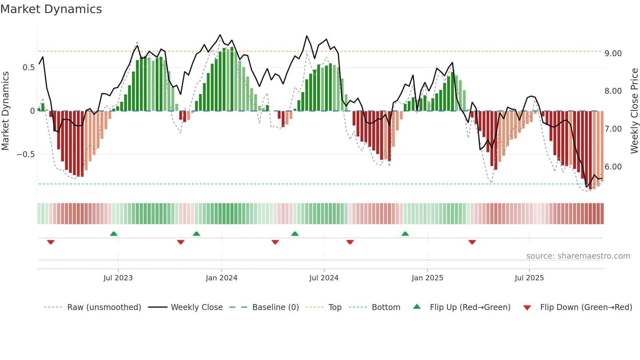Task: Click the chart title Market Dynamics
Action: pyautogui.click(x=51, y=9)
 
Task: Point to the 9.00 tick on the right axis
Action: pyautogui.click(x=613, y=54)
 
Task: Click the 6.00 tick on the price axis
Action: pyautogui.click(x=613, y=167)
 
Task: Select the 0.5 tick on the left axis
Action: pyautogui.click(x=28, y=68)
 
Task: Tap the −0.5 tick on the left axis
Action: pyautogui.click(x=26, y=155)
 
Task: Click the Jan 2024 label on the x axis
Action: pyautogui.click(x=221, y=278)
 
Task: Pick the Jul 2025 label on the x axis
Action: pyautogui.click(x=529, y=278)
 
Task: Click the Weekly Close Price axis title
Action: pyautogui.click(x=634, y=111)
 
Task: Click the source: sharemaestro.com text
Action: pyautogui.click(x=578, y=256)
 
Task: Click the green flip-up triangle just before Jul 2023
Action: pyautogui.click(x=114, y=234)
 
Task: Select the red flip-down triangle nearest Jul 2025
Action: pyautogui.click(x=472, y=242)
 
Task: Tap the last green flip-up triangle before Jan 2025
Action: pyautogui.click(x=405, y=234)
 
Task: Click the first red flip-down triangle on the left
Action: pyautogui.click(x=51, y=242)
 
